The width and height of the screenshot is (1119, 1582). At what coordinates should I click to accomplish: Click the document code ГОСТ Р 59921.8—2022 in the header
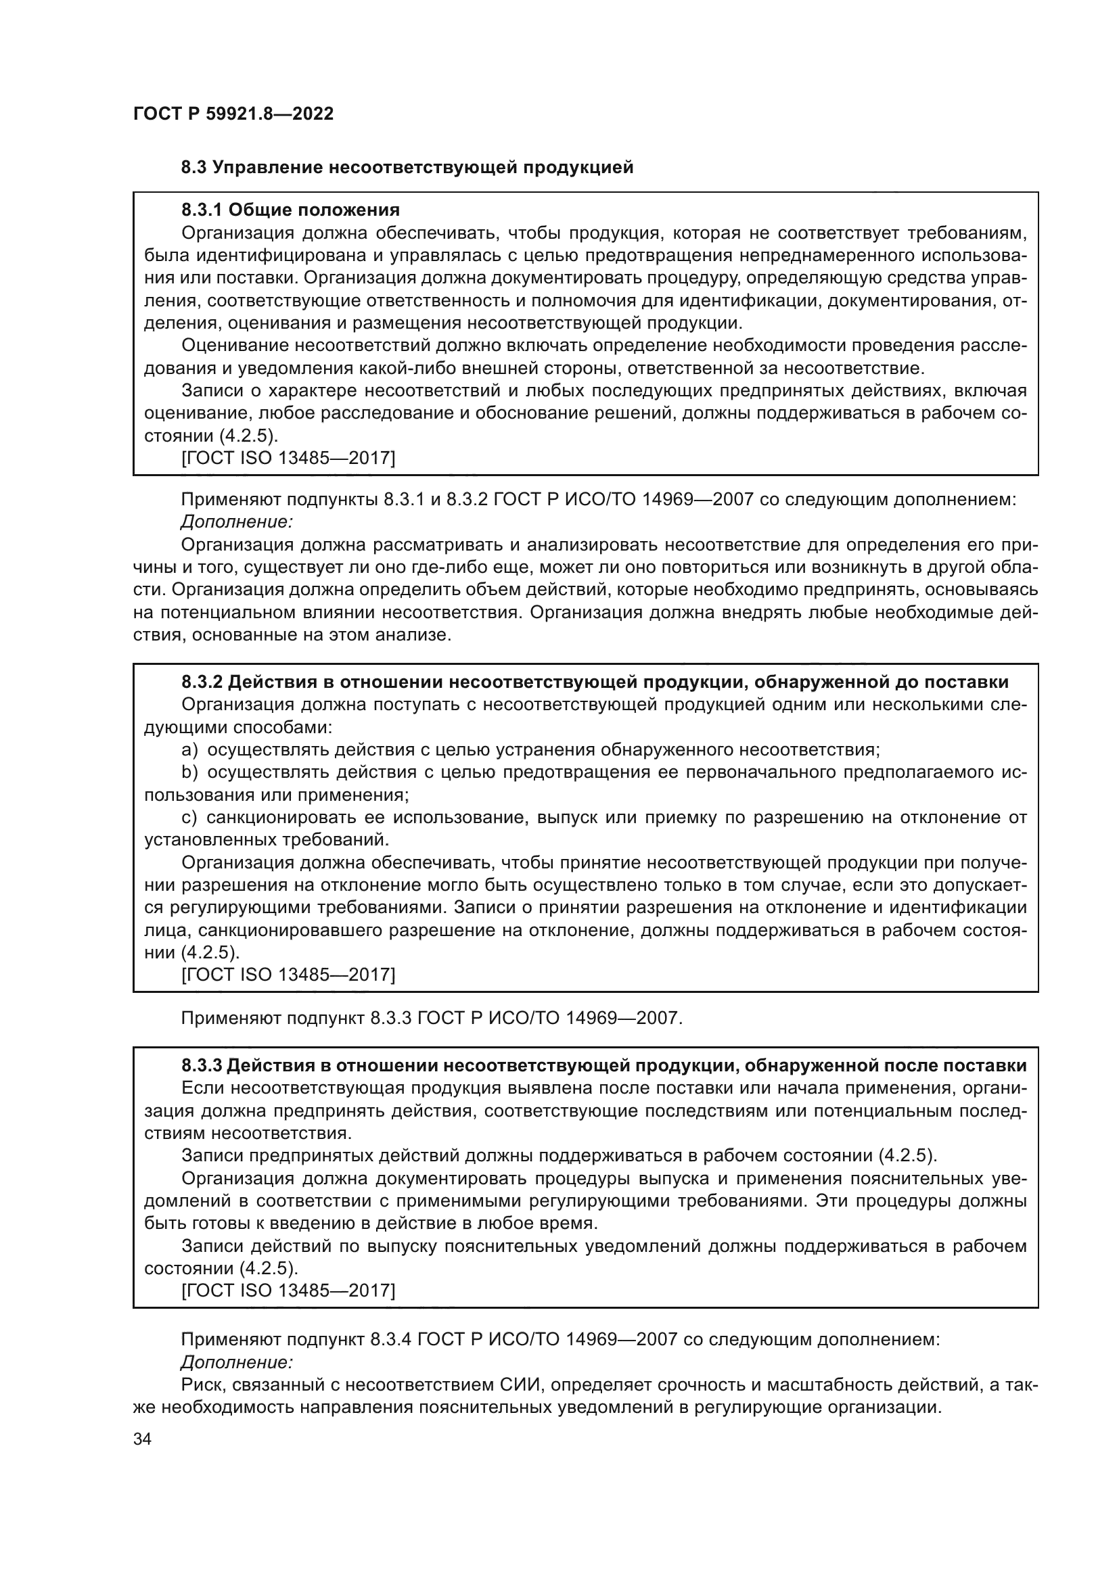[x=233, y=114]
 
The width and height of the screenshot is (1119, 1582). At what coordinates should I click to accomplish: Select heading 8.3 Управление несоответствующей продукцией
[x=407, y=168]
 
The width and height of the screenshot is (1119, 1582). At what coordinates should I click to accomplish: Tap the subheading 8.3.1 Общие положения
[x=290, y=210]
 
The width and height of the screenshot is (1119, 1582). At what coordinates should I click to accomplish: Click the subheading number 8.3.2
[x=201, y=682]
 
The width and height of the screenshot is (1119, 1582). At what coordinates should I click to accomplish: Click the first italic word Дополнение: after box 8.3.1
[x=237, y=522]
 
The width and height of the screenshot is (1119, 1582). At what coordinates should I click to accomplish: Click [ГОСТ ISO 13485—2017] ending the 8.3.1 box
[x=288, y=458]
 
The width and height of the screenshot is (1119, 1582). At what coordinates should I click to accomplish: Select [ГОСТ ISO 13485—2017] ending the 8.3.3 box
[x=288, y=1290]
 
